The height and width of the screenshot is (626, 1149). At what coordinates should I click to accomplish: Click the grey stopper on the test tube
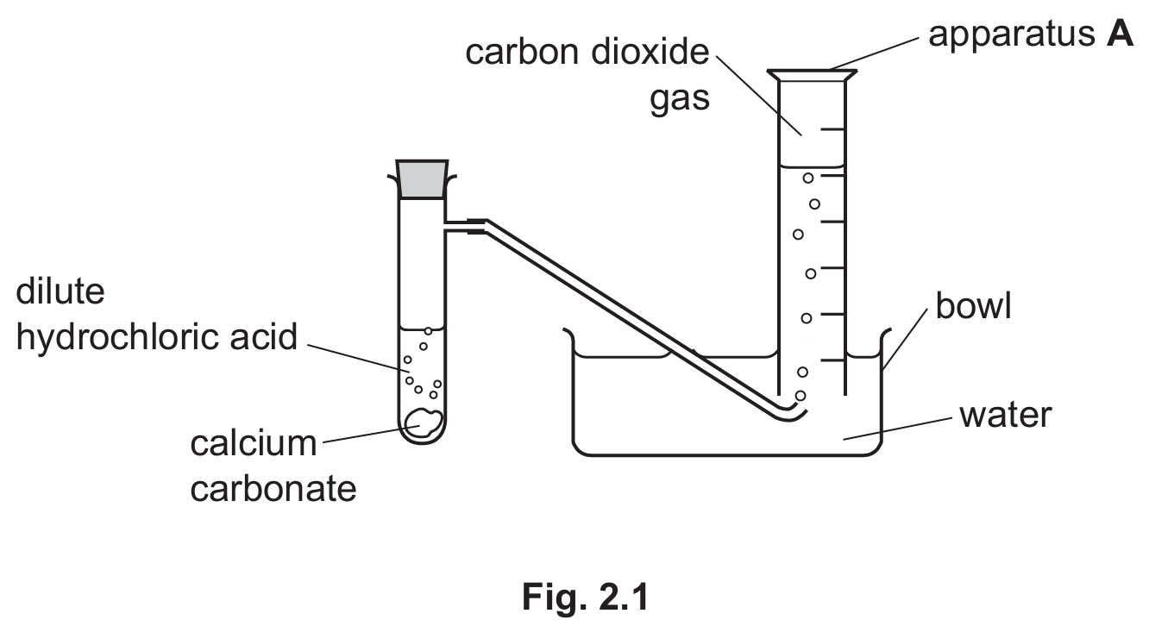click(x=422, y=179)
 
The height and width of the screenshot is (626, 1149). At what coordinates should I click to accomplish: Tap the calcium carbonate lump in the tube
click(x=424, y=423)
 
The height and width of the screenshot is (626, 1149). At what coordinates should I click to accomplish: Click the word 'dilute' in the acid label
click(x=60, y=291)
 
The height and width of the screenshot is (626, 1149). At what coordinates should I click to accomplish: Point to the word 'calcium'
click(x=254, y=443)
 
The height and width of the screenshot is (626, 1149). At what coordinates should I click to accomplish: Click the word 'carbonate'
click(x=273, y=489)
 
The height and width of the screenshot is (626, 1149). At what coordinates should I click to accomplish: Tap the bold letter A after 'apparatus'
click(x=1120, y=34)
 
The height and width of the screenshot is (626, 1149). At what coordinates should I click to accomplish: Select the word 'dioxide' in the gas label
click(x=650, y=52)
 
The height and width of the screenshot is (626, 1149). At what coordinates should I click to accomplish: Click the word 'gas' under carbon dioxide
click(x=680, y=99)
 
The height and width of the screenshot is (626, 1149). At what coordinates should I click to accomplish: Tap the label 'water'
click(x=1006, y=415)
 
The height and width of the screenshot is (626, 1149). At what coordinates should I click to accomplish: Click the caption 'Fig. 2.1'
click(x=585, y=597)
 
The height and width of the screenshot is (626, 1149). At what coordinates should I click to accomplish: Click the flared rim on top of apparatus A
click(x=812, y=75)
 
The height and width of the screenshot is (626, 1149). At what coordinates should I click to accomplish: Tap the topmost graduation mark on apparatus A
click(x=832, y=129)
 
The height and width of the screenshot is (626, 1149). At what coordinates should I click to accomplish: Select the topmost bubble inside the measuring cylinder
click(x=808, y=178)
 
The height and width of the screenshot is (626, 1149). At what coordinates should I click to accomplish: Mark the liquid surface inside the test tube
click(x=422, y=329)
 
